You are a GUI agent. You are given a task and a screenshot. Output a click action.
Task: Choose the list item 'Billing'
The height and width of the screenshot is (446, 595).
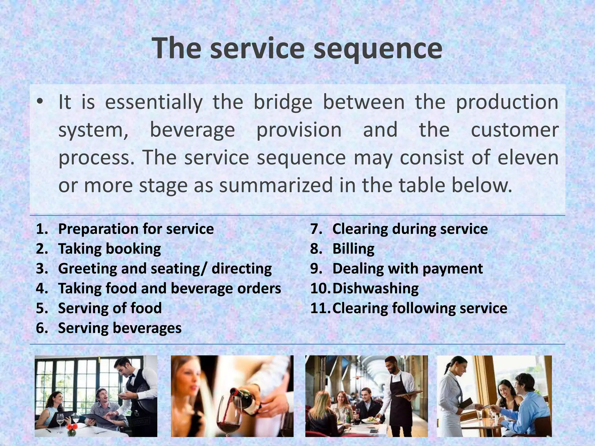pyautogui.click(x=353, y=249)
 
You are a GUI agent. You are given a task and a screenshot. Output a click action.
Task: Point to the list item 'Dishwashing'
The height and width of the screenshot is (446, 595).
pyautogui.click(x=375, y=288)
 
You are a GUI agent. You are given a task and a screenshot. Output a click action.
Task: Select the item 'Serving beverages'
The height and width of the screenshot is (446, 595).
pyautogui.click(x=120, y=328)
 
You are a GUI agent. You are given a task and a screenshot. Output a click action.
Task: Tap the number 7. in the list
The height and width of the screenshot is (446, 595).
pyautogui.click(x=317, y=229)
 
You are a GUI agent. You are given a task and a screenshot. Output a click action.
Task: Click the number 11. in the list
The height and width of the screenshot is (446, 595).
pyautogui.click(x=320, y=308)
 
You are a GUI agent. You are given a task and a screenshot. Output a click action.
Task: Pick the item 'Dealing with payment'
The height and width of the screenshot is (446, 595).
pyautogui.click(x=407, y=269)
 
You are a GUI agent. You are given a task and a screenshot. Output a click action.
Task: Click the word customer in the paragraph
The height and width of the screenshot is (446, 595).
pyautogui.click(x=514, y=130)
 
